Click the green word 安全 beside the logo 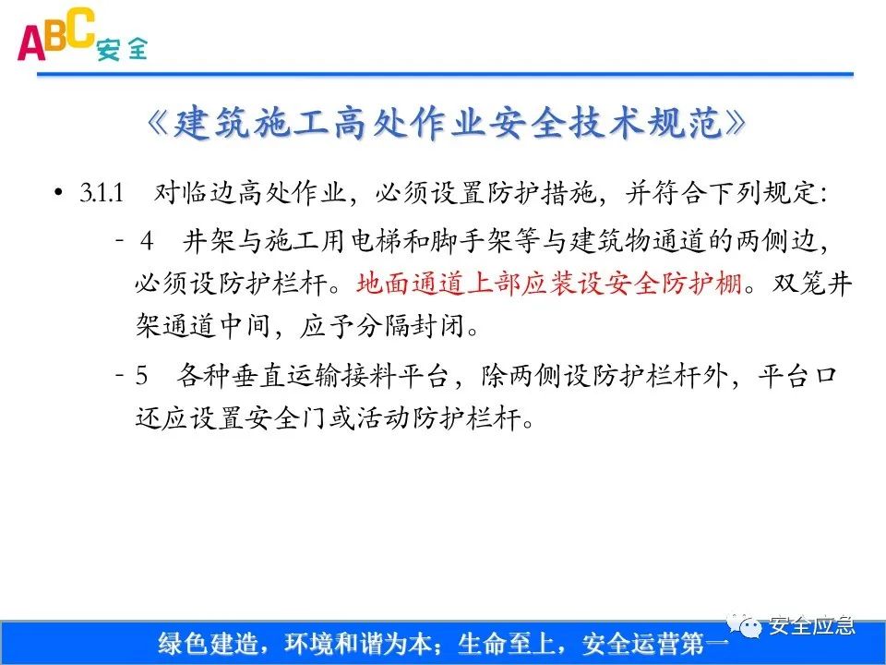click(x=121, y=50)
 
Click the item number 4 click(x=148, y=241)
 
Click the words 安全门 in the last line click(x=336, y=418)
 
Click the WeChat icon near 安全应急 click(x=748, y=627)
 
